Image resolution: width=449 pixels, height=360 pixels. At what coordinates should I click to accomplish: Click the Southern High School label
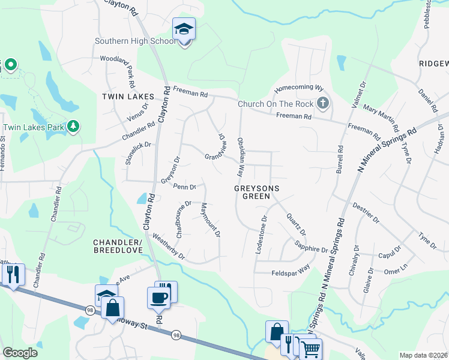(136, 41)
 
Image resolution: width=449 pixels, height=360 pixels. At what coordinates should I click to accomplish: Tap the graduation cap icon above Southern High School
(184, 29)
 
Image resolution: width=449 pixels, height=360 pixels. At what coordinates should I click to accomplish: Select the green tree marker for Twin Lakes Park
(73, 126)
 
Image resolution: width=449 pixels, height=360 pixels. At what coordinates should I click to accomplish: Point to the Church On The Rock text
(276, 104)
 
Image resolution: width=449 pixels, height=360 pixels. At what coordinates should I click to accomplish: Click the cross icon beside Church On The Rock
(323, 103)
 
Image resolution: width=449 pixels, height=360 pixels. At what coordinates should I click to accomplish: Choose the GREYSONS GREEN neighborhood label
(257, 193)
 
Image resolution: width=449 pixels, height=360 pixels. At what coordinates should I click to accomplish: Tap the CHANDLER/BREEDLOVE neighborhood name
(118, 246)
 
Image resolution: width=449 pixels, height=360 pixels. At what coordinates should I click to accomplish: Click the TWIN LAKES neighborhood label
(128, 97)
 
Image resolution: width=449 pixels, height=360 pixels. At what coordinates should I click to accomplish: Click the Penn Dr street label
(185, 187)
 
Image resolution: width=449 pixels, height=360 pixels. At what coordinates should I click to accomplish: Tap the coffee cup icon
(158, 298)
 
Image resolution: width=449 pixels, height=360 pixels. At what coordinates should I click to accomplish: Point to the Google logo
(19, 353)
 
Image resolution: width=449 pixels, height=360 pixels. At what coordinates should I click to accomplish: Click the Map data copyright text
(423, 355)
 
